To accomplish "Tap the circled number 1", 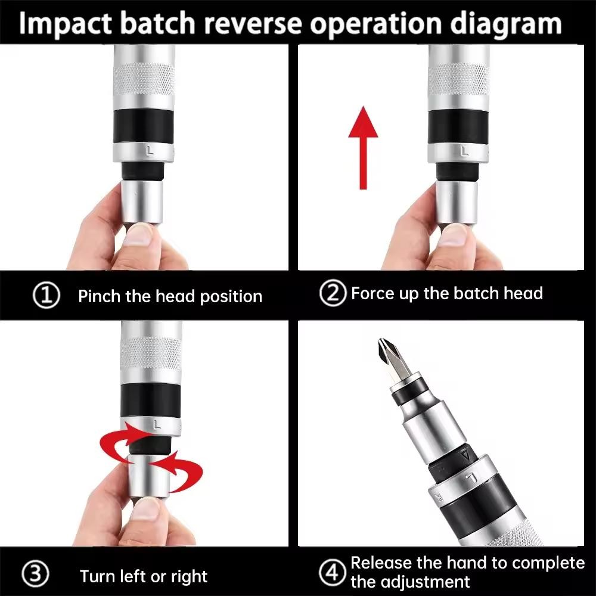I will coord(46,296).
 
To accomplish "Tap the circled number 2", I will coord(333,294).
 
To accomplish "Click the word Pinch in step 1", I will coord(100,296).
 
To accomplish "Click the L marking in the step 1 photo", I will coord(150,151).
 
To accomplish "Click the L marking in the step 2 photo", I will coord(464,151).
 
